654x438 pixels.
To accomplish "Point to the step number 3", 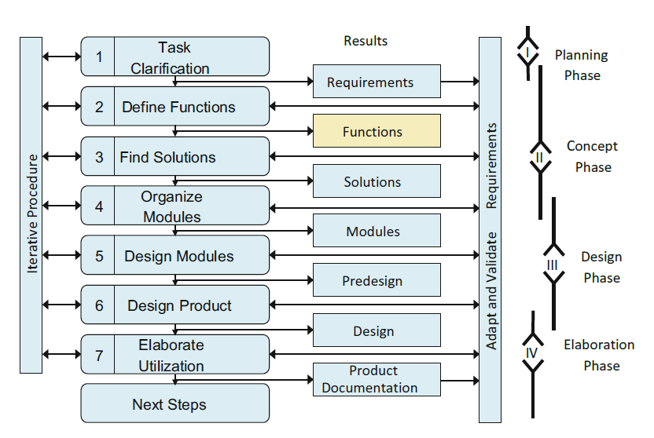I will (x=99, y=157).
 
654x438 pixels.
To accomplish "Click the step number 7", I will (x=99, y=355).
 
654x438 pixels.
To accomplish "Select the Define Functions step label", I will (x=178, y=107).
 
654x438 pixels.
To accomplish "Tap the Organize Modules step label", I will (x=172, y=206).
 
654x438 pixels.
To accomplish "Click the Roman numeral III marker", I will (x=553, y=265).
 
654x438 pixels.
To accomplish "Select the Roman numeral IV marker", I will (x=532, y=352).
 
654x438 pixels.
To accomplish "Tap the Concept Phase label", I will (x=592, y=156).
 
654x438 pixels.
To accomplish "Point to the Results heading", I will (x=366, y=41).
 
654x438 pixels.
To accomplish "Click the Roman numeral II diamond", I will (x=539, y=157).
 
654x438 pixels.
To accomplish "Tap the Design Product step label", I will (x=179, y=305).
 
